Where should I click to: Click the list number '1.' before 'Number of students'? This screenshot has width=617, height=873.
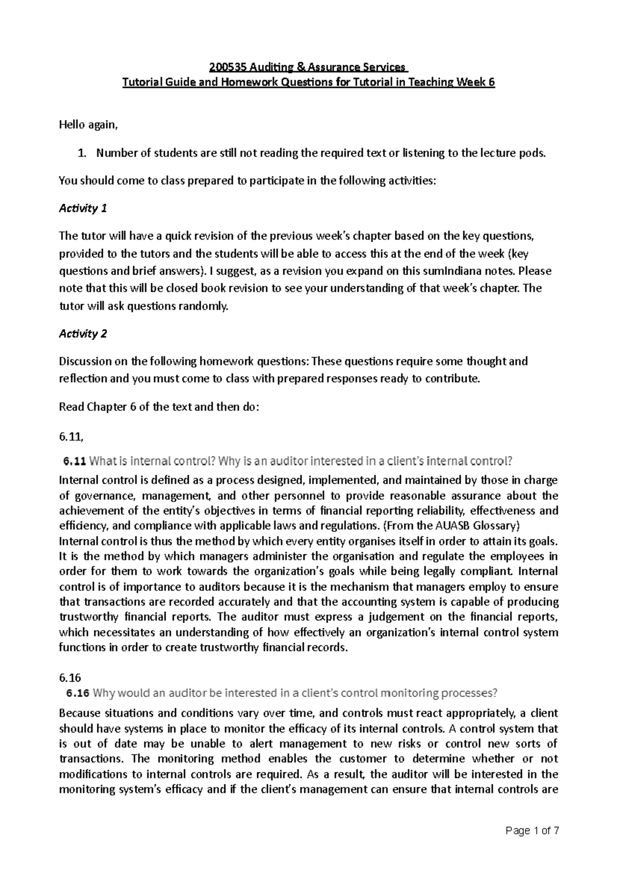pos(81,153)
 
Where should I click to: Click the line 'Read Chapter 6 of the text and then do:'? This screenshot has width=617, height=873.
pos(159,407)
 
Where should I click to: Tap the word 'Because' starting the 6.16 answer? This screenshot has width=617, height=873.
pos(78,713)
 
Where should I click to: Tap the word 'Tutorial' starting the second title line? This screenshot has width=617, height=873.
pos(139,83)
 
